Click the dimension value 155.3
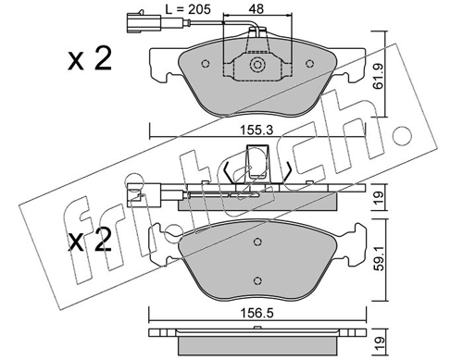tap(257, 130)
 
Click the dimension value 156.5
tap(257, 314)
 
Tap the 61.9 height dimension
tap(378, 76)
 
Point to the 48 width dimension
tap(257, 9)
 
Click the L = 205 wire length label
tap(188, 9)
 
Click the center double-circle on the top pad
tap(257, 65)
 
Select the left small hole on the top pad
tap(206, 64)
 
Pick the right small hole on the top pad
tap(309, 64)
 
